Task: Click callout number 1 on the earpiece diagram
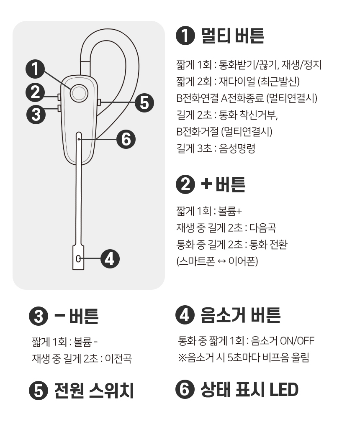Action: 35,69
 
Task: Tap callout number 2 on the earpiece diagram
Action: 35,92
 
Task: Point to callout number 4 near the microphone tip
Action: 110,259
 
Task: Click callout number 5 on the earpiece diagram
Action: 144,103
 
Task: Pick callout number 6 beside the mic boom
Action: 126,139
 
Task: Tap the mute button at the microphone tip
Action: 78,259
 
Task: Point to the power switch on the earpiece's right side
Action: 99,102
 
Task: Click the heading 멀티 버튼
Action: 233,36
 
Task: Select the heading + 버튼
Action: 223,184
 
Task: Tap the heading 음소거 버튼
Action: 240,315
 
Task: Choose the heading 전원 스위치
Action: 94,390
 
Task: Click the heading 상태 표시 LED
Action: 249,389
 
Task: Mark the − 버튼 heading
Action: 77,316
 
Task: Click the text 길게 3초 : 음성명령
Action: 216,148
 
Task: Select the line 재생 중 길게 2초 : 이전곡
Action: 82,359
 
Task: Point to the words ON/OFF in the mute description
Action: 297,341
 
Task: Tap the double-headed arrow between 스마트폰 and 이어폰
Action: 222,261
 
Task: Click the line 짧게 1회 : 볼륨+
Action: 209,211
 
